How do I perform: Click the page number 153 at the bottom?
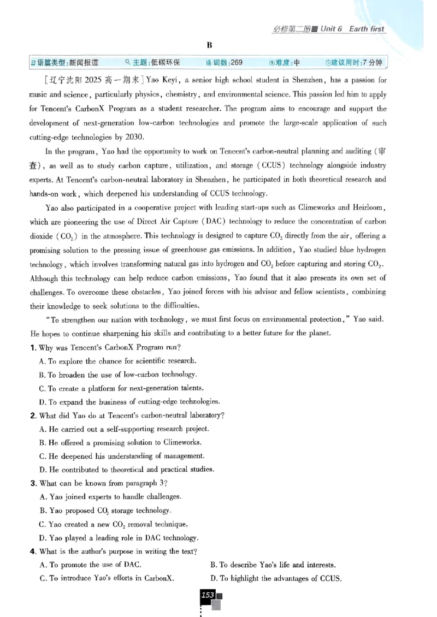tap(208, 595)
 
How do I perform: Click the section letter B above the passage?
tap(209, 45)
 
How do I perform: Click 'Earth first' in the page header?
tap(365, 28)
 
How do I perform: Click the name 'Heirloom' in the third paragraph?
tap(369, 207)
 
